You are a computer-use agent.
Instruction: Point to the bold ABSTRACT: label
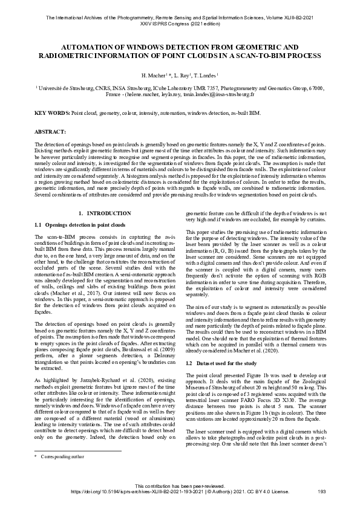(48, 131)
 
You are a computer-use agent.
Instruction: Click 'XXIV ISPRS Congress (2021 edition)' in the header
(180, 25)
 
